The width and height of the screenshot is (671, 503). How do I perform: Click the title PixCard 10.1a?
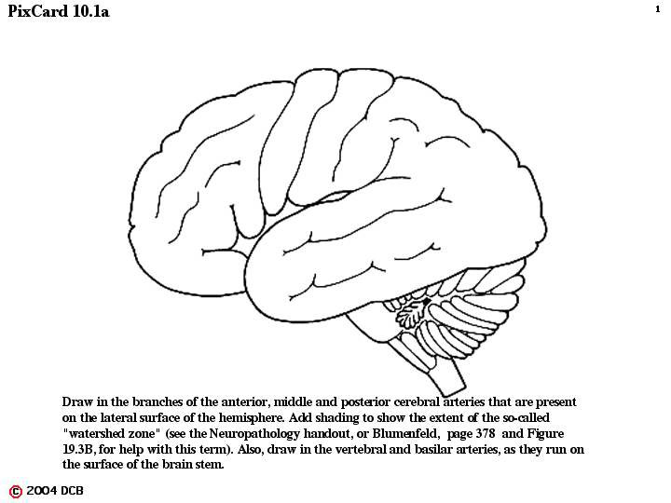[59, 11]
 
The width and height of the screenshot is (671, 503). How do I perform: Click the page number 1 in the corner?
[658, 9]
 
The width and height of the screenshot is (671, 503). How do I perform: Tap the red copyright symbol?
[16, 492]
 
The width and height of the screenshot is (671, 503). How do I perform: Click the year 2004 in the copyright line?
[42, 491]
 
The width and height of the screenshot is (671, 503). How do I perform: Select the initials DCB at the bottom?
[72, 491]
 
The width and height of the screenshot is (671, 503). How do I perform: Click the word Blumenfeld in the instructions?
[405, 433]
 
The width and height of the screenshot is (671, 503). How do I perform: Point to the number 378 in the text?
[486, 433]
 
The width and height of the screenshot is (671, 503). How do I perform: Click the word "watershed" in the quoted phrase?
[92, 433]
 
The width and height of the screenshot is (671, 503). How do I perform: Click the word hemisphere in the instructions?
[250, 418]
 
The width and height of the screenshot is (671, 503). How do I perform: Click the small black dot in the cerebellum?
[426, 302]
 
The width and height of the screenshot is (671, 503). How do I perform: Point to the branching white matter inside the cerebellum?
[409, 315]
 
